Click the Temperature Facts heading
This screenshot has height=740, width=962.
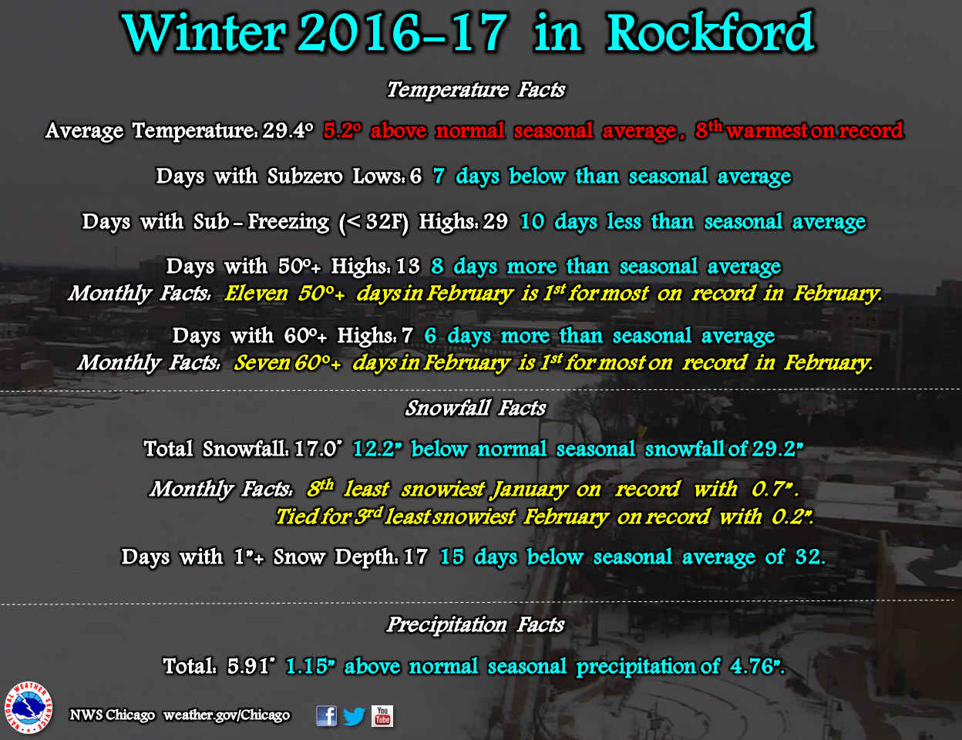(x=476, y=90)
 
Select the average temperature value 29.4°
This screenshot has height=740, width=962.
(x=288, y=130)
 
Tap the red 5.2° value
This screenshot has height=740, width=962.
(x=342, y=130)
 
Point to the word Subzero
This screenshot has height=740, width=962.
(x=305, y=177)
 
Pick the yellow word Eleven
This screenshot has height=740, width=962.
(x=257, y=294)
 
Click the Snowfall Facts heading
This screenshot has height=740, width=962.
(x=476, y=408)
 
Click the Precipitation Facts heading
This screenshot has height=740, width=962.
(x=476, y=625)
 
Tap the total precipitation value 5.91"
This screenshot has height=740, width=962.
(x=251, y=666)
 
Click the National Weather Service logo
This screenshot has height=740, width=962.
(x=29, y=708)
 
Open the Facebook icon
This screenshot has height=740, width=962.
(x=326, y=715)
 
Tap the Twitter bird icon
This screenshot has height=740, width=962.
(x=354, y=716)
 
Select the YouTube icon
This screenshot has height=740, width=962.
(x=382, y=716)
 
